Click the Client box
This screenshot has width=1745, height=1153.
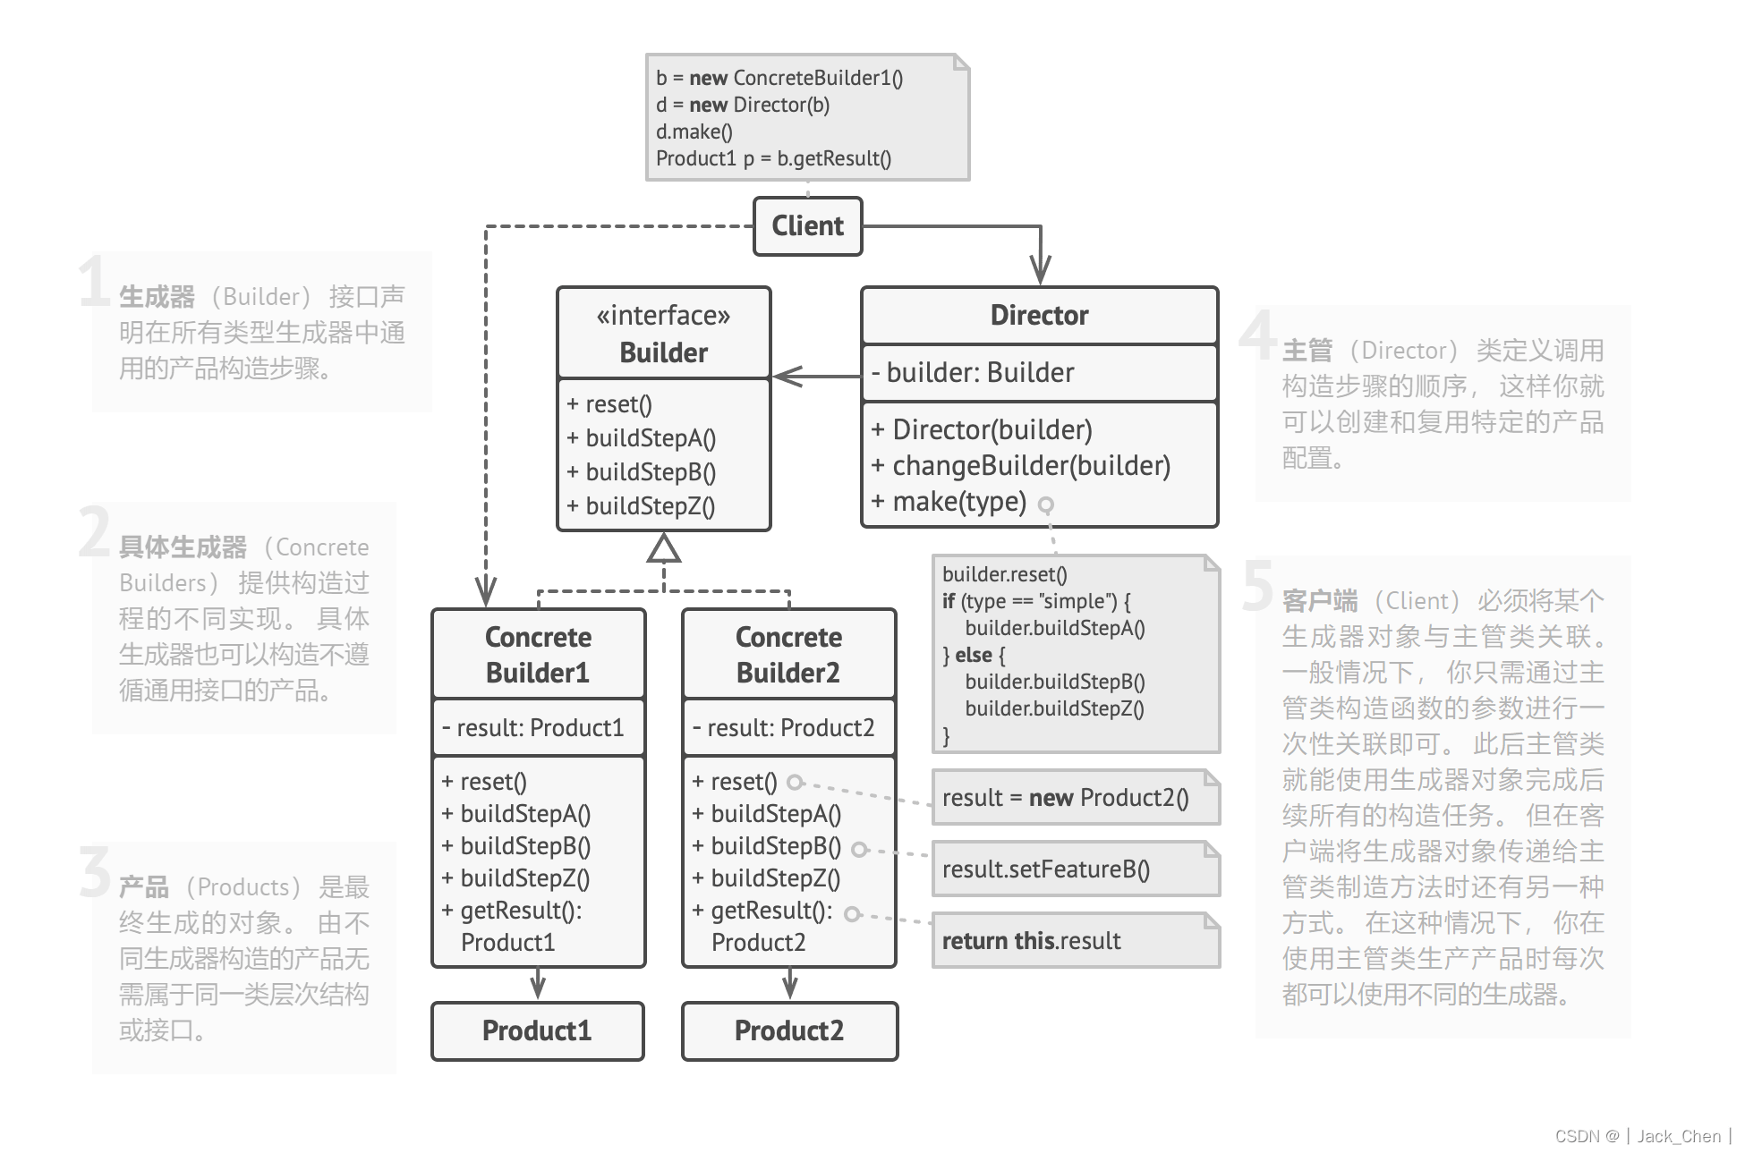(807, 226)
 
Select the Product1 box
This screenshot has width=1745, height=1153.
(538, 1030)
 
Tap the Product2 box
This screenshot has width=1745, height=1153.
(789, 1030)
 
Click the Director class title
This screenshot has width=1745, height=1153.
(1039, 315)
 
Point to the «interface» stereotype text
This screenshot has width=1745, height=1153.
(663, 315)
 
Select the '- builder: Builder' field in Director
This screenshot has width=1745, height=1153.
(973, 372)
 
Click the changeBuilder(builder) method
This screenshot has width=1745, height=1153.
(1021, 465)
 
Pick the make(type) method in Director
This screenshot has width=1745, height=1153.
(949, 502)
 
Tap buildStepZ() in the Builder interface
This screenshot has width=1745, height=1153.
(641, 506)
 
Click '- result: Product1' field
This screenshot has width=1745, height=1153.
(533, 727)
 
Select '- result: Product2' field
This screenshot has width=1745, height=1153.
(784, 727)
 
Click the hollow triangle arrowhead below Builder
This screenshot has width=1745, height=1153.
(664, 548)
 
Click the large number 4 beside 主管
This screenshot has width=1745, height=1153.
(1258, 333)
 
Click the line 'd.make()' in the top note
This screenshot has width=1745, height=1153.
(694, 131)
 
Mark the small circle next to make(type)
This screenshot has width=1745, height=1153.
(1045, 505)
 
